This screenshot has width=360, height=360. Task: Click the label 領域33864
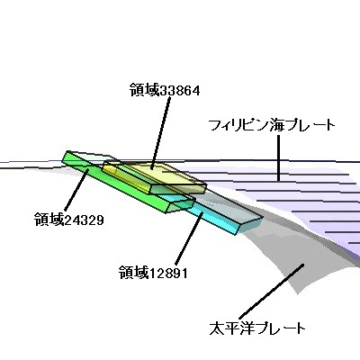pos(165,90)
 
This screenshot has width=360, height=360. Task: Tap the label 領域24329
pos(69,220)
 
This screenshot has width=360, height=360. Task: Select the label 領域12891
pos(153,273)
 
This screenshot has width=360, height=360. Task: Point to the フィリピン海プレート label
pos(271,125)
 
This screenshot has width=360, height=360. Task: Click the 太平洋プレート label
pos(257,328)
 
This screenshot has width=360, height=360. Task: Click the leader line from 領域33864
pos(160,132)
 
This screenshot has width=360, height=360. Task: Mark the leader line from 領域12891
pos(189,238)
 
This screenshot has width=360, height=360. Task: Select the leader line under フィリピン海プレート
pos(279,157)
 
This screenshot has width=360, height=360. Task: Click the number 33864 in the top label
pos(180,90)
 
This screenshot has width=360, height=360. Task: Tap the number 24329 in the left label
pos(85,220)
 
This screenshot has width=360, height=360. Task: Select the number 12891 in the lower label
pos(168,274)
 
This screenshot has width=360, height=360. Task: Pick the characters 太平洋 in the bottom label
pos(232,328)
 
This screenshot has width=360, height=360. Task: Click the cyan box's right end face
pos(251,225)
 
